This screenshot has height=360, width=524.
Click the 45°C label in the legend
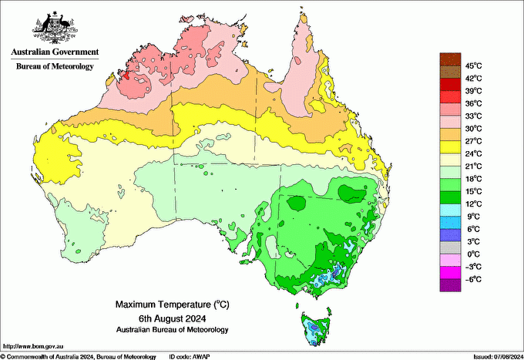pos(472,66)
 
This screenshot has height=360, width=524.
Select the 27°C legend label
pos(472,141)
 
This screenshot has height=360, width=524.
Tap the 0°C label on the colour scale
pos(472,254)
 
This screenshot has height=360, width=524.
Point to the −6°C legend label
pos(472,279)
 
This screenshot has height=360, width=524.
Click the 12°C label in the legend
pos(472,204)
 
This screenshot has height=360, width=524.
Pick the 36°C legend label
pos(472,103)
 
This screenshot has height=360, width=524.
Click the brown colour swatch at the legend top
pos(449,59)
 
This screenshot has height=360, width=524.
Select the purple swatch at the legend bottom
pos(449,285)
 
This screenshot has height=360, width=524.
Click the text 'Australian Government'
pos(55,52)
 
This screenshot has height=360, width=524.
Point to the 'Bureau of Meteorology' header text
pos(55,67)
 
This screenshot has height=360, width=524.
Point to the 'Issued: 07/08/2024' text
pos(498,356)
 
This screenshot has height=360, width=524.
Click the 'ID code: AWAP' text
pos(189,356)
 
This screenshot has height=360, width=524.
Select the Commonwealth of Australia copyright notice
pos(77,356)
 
